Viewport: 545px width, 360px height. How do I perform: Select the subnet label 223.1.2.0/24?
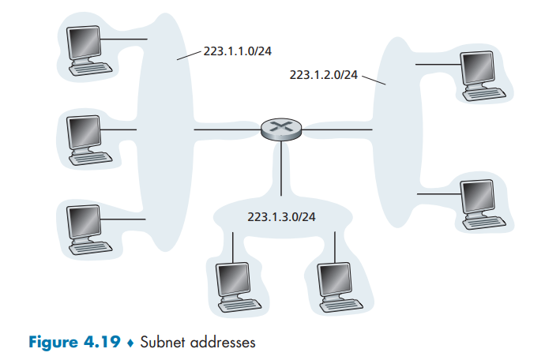[324, 75]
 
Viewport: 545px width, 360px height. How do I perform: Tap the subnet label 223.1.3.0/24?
[281, 216]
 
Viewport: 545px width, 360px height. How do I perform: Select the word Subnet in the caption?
[163, 343]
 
